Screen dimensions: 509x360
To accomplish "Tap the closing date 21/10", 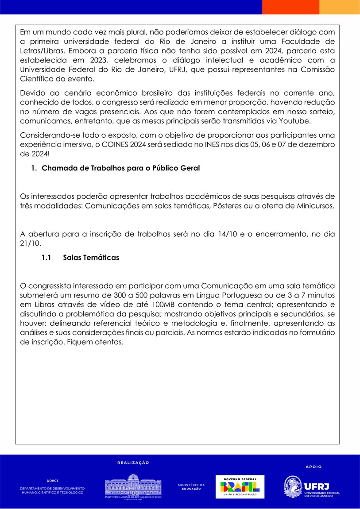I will coord(30,243).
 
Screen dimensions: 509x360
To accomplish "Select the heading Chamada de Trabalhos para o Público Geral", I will coord(121,168).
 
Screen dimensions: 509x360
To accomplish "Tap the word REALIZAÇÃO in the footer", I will coord(133,463).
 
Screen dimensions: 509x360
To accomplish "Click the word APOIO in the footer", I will coord(314,467).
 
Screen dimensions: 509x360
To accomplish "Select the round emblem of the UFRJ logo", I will coord(292,487).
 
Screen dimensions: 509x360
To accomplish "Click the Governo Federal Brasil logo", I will coord(240,486).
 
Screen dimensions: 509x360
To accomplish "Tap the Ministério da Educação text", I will coord(191,486).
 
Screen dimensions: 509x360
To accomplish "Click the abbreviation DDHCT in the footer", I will coord(52,480).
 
